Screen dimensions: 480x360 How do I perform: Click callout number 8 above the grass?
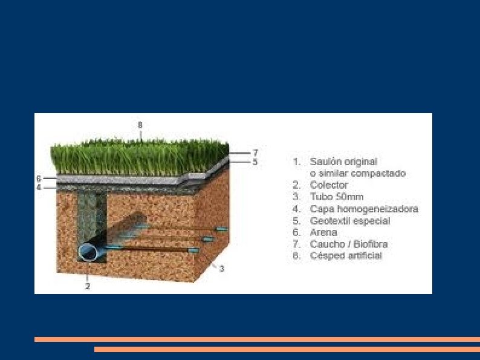pyautogui.click(x=140, y=125)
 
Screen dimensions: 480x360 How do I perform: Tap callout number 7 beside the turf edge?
pyautogui.click(x=255, y=152)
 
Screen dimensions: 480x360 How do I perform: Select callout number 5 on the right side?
pyautogui.click(x=255, y=162)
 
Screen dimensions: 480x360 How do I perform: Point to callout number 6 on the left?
pyautogui.click(x=39, y=178)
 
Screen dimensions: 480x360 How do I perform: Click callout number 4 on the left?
pyautogui.click(x=39, y=188)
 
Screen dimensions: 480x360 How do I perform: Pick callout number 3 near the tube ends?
pyautogui.click(x=222, y=268)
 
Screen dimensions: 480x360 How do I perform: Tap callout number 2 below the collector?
pyautogui.click(x=88, y=286)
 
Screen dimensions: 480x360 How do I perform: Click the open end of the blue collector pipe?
pyautogui.click(x=89, y=252)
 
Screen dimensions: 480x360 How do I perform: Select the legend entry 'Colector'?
pyautogui.click(x=329, y=185)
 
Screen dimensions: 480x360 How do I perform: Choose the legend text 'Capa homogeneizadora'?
pyautogui.click(x=364, y=209)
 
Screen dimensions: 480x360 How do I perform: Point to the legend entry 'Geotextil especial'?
pyautogui.click(x=350, y=221)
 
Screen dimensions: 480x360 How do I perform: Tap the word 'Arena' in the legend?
pyautogui.click(x=323, y=232)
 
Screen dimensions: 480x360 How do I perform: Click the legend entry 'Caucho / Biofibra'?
pyautogui.click(x=349, y=244)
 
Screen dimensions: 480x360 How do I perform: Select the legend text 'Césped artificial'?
pyautogui.click(x=346, y=256)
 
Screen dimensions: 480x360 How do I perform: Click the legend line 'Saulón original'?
pyautogui.click(x=343, y=162)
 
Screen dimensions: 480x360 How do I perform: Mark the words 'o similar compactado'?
pyautogui.click(x=358, y=173)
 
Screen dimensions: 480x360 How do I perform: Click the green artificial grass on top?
pyautogui.click(x=139, y=157)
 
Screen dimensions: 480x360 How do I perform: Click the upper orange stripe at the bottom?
pyautogui.click(x=257, y=339)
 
